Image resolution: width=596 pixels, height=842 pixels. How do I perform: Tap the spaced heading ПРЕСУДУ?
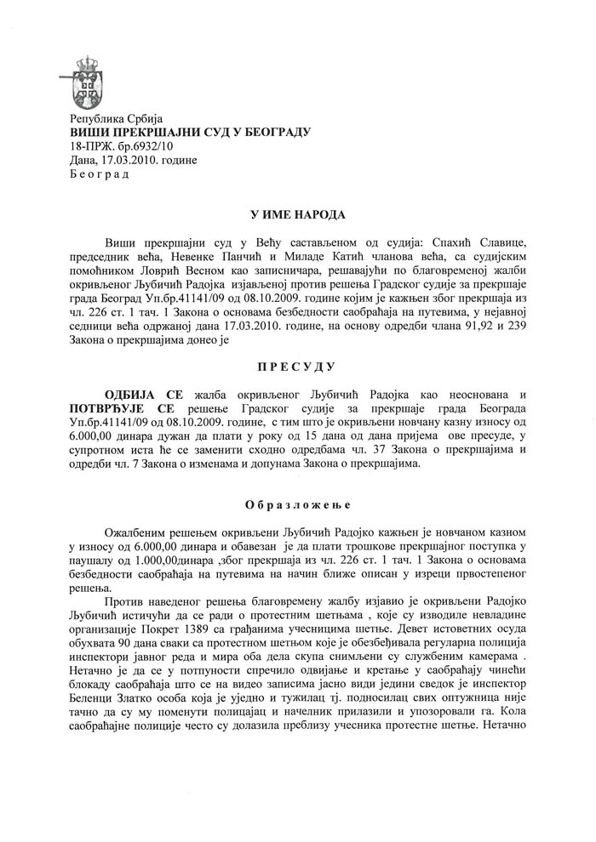298,367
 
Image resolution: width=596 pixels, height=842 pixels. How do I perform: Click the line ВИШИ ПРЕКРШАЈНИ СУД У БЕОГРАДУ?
190,132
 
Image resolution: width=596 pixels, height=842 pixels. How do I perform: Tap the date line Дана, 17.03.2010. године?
123,160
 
